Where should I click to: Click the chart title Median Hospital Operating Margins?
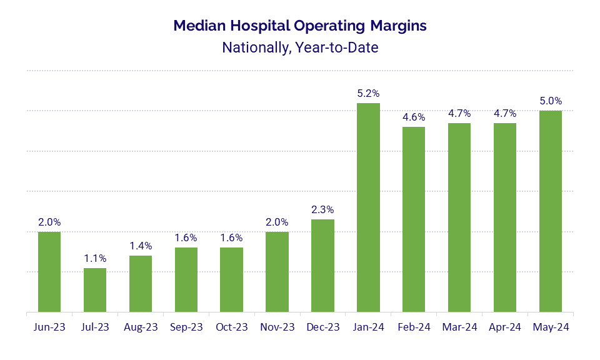tap(300, 26)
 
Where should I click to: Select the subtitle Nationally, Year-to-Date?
tap(300, 47)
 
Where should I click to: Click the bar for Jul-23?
tap(95, 290)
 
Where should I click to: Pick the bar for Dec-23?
tap(322, 266)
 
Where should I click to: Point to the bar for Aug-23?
tap(141, 284)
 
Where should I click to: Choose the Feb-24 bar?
tap(414, 219)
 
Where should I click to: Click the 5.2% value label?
tap(368, 93)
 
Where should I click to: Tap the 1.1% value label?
tap(95, 258)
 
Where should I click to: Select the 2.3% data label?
tap(322, 209)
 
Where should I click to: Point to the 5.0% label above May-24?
tap(551, 101)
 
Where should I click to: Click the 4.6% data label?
tap(414, 117)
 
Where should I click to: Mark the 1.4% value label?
tap(141, 246)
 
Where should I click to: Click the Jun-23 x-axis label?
tap(49, 327)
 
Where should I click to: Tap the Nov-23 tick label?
tap(277, 327)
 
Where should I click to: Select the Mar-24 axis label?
tap(459, 327)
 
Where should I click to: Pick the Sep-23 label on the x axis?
tap(186, 327)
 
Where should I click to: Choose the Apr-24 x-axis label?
tap(505, 327)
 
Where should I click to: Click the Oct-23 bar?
tap(231, 280)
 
